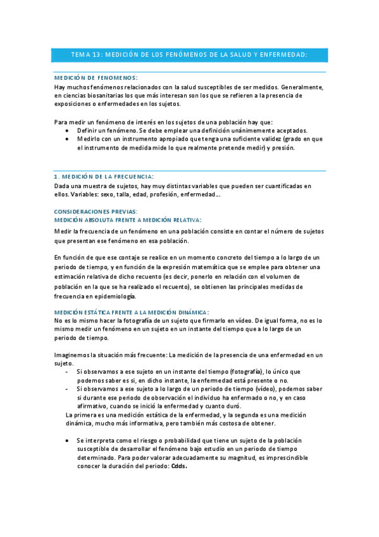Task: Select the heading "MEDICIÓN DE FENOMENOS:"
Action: click(96, 77)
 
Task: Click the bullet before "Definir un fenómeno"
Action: click(68, 129)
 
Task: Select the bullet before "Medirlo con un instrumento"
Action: click(68, 139)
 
